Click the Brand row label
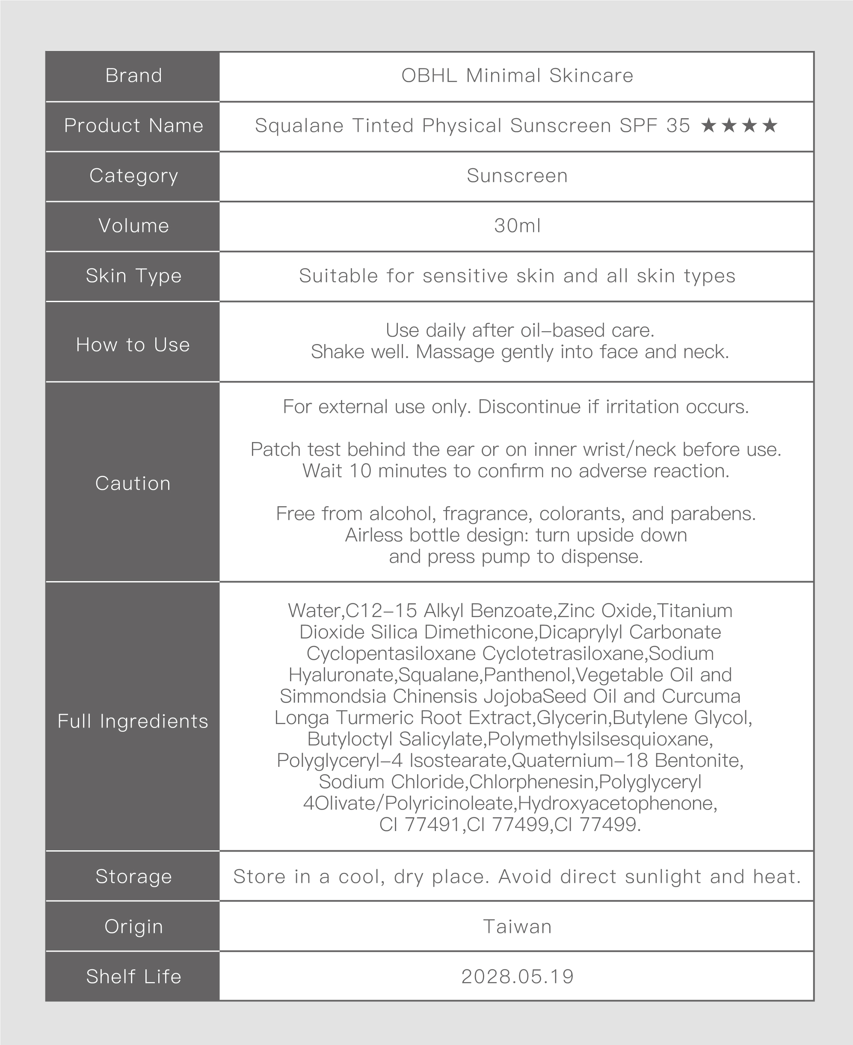click(x=133, y=76)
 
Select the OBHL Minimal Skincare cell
click(x=517, y=76)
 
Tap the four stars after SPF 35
click(x=739, y=126)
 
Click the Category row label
click(x=133, y=176)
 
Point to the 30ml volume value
click(x=517, y=226)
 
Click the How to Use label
click(x=133, y=345)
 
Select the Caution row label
click(x=133, y=484)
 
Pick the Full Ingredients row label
click(x=133, y=721)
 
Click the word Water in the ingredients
click(x=314, y=611)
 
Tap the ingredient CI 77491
click(x=421, y=824)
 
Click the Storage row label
click(x=133, y=876)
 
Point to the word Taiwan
click(x=517, y=926)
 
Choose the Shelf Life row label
click(x=133, y=977)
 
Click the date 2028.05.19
click(x=517, y=977)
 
